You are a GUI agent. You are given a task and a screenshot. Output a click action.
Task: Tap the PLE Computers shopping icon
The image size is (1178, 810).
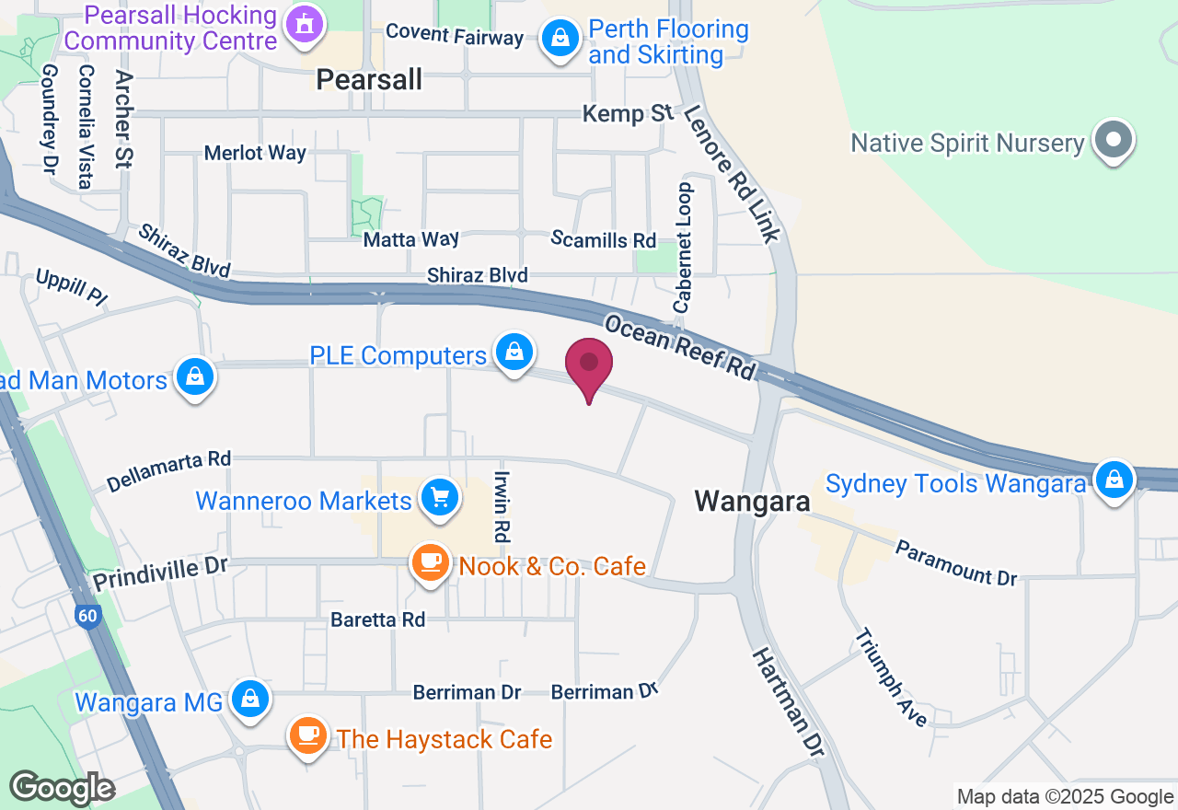tap(514, 352)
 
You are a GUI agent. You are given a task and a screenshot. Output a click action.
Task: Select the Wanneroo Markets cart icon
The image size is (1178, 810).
tap(439, 498)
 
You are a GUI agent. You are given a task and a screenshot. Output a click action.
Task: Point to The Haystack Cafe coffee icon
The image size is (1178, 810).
tap(308, 735)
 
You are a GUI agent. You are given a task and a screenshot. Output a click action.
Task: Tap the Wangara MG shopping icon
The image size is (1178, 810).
tap(249, 699)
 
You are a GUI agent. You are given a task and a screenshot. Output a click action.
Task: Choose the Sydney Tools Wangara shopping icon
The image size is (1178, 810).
tap(1114, 480)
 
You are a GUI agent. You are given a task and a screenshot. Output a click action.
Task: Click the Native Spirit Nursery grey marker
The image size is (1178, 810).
tap(1114, 141)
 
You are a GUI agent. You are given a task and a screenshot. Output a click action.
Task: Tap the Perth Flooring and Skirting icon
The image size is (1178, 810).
tap(559, 39)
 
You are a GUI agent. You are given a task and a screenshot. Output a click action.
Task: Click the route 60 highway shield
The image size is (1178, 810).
tap(88, 617)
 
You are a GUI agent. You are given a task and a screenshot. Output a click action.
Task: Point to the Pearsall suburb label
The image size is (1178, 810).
tap(369, 80)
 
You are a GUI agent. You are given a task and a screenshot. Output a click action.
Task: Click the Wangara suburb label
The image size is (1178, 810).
tap(752, 501)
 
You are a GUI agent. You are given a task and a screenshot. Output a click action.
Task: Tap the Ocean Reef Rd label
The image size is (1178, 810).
tap(679, 347)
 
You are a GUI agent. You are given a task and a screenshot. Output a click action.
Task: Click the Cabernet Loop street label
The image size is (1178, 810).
tap(683, 247)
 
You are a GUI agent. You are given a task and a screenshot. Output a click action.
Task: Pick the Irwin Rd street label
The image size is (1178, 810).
tap(502, 506)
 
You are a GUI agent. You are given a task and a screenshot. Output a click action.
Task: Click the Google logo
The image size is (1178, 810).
tap(62, 788)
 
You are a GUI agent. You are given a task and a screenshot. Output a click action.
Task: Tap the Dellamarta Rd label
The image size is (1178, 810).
tap(169, 469)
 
